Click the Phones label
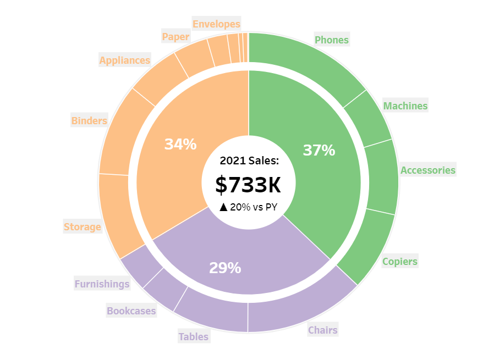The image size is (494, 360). click(x=331, y=40)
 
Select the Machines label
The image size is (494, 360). click(x=405, y=106)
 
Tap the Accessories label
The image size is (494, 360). click(x=427, y=170)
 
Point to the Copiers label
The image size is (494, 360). click(x=400, y=261)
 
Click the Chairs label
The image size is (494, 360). click(x=322, y=330)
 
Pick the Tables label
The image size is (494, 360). click(x=193, y=336)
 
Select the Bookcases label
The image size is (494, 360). click(x=131, y=311)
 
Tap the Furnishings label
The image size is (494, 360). click(x=102, y=284)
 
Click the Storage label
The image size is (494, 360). click(x=82, y=226)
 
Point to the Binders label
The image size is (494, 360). click(x=89, y=120)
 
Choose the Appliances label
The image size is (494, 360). click(x=124, y=60)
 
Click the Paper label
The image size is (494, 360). click(x=175, y=37)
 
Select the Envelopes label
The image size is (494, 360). click(x=216, y=24)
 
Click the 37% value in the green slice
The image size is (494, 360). click(x=319, y=150)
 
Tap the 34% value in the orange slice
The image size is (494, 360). click(x=180, y=144)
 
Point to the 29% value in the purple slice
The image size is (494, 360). click(x=225, y=268)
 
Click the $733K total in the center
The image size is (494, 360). click(x=248, y=185)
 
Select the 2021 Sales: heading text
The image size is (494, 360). click(x=249, y=160)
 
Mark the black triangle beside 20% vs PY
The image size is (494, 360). click(x=223, y=207)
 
